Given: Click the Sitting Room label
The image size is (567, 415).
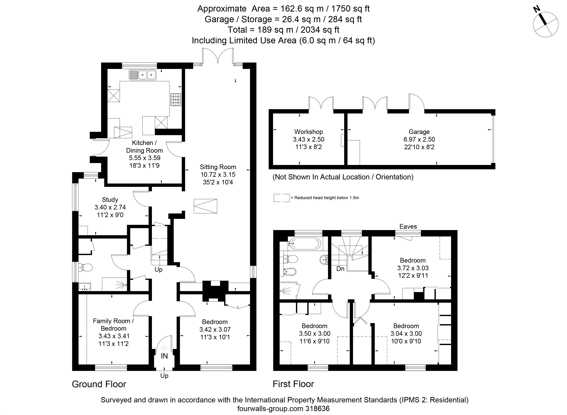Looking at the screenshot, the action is tap(218, 167).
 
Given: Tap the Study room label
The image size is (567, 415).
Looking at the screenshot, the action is tap(110, 200).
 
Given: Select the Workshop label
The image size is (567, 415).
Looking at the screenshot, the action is tap(308, 132).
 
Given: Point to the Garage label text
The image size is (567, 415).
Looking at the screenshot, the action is tap(419, 132).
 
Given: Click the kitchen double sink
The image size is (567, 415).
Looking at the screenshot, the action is tap(143, 75).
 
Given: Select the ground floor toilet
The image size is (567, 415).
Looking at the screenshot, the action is tap(85, 267).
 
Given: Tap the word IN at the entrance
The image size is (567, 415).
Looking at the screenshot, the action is tap(164, 356).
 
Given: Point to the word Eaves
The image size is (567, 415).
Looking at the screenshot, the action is tap(408, 226).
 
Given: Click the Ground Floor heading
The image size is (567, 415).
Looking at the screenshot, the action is tap(99, 384).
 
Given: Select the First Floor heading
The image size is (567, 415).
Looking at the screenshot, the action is tap(293, 384).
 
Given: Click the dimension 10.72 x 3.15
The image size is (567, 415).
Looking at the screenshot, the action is tap(218, 175).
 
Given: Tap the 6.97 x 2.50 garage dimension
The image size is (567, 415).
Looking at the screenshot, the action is tap(419, 139).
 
